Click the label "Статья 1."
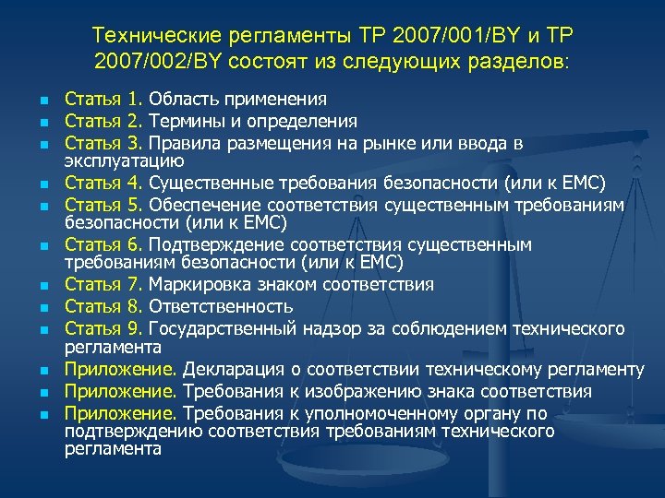(103, 100)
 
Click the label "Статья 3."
(103, 143)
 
